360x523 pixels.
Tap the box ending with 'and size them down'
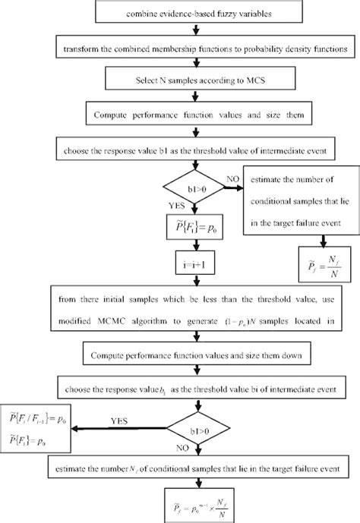[x=197, y=356]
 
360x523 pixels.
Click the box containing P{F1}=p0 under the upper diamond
[x=197, y=227]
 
